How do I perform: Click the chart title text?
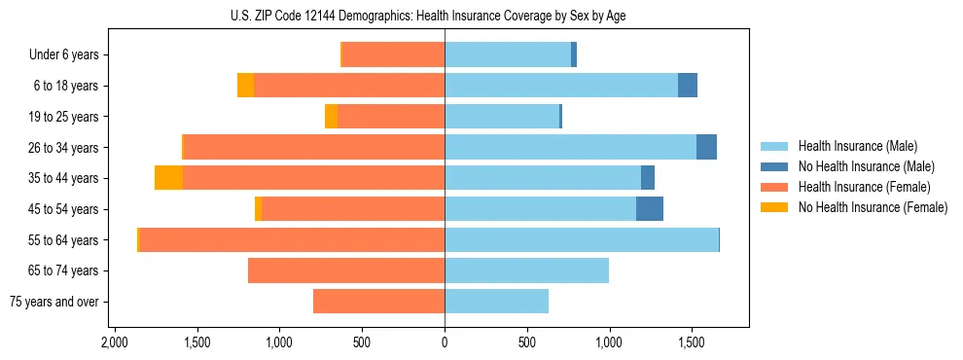445,16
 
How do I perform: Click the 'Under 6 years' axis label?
63,55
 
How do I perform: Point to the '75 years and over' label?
54,302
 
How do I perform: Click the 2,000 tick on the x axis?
115,342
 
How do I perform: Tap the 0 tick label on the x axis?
445,342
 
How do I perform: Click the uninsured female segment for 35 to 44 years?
168,178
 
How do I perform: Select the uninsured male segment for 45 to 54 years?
650,209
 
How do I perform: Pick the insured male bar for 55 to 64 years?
582,240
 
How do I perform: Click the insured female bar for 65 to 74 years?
346,270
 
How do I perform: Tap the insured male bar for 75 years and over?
496,302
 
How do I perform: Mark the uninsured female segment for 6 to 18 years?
245,86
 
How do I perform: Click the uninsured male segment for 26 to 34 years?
706,147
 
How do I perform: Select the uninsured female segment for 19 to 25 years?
331,117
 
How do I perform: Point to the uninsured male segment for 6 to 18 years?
688,86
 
